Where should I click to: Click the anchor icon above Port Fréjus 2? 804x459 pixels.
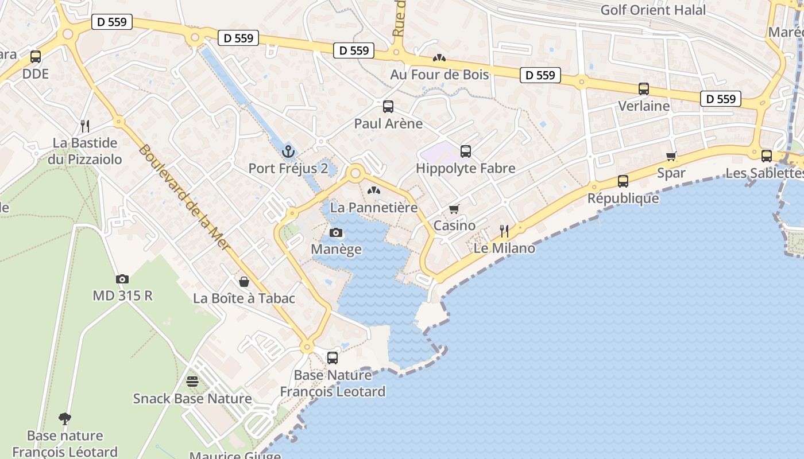pyautogui.click(x=288, y=151)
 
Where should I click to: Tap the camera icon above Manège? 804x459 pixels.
pyautogui.click(x=336, y=232)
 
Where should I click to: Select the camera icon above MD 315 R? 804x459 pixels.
pyautogui.click(x=122, y=279)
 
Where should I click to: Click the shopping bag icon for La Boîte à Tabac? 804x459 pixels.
pyautogui.click(x=244, y=282)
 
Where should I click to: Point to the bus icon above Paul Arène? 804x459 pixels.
pyautogui.click(x=388, y=106)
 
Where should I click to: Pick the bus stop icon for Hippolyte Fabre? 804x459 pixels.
pyautogui.click(x=466, y=151)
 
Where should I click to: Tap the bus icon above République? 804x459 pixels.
pyautogui.click(x=623, y=181)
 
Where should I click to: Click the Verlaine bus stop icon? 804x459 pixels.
pyautogui.click(x=644, y=89)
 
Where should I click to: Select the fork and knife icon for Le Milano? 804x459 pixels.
pyautogui.click(x=504, y=231)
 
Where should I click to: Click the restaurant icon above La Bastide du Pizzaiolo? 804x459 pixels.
pyautogui.click(x=85, y=126)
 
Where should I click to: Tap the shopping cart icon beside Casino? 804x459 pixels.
pyautogui.click(x=454, y=209)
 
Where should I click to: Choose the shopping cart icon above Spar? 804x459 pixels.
pyautogui.click(x=671, y=156)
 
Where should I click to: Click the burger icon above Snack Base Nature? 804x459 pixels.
pyautogui.click(x=192, y=382)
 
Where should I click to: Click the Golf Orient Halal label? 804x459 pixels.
pyautogui.click(x=653, y=10)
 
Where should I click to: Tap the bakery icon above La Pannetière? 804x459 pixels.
pyautogui.click(x=374, y=190)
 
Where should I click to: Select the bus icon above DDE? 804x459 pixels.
pyautogui.click(x=36, y=57)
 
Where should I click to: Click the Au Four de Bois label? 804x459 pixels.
pyautogui.click(x=439, y=75)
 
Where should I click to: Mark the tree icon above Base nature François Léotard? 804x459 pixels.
pyautogui.click(x=65, y=419)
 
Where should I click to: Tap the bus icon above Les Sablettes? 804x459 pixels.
pyautogui.click(x=766, y=155)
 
